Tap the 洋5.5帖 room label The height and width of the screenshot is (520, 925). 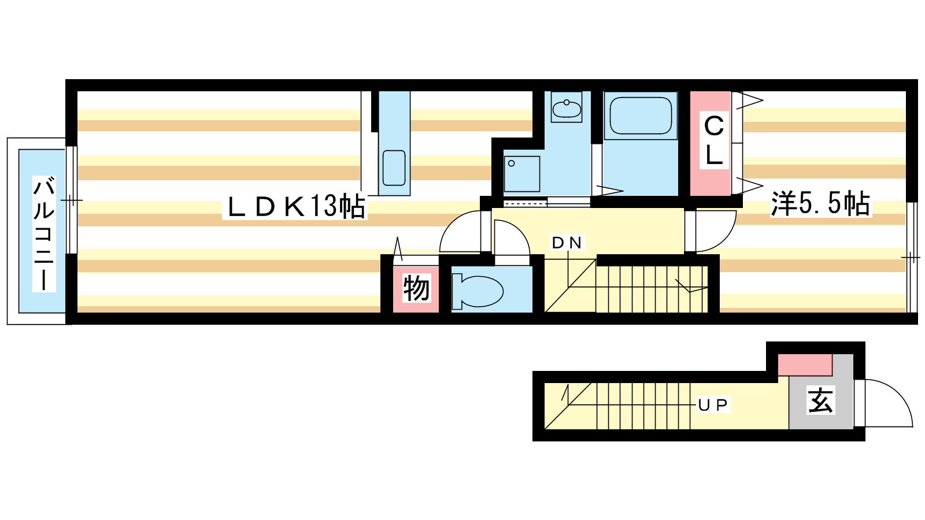[x=820, y=204]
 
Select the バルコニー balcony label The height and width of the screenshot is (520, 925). [x=44, y=234]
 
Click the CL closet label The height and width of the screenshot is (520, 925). [x=714, y=140]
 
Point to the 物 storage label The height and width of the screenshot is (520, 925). [x=416, y=288]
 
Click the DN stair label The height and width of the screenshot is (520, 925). [x=567, y=243]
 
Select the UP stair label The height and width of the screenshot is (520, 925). [x=713, y=405]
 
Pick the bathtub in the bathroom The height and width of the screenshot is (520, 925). [x=641, y=116]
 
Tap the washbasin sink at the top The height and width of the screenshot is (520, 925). [x=566, y=108]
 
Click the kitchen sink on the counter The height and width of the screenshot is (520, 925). [x=394, y=168]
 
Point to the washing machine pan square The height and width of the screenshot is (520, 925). [x=521, y=173]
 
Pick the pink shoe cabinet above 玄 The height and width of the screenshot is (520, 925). [x=805, y=365]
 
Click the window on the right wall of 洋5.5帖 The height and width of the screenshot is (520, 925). [x=911, y=257]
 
